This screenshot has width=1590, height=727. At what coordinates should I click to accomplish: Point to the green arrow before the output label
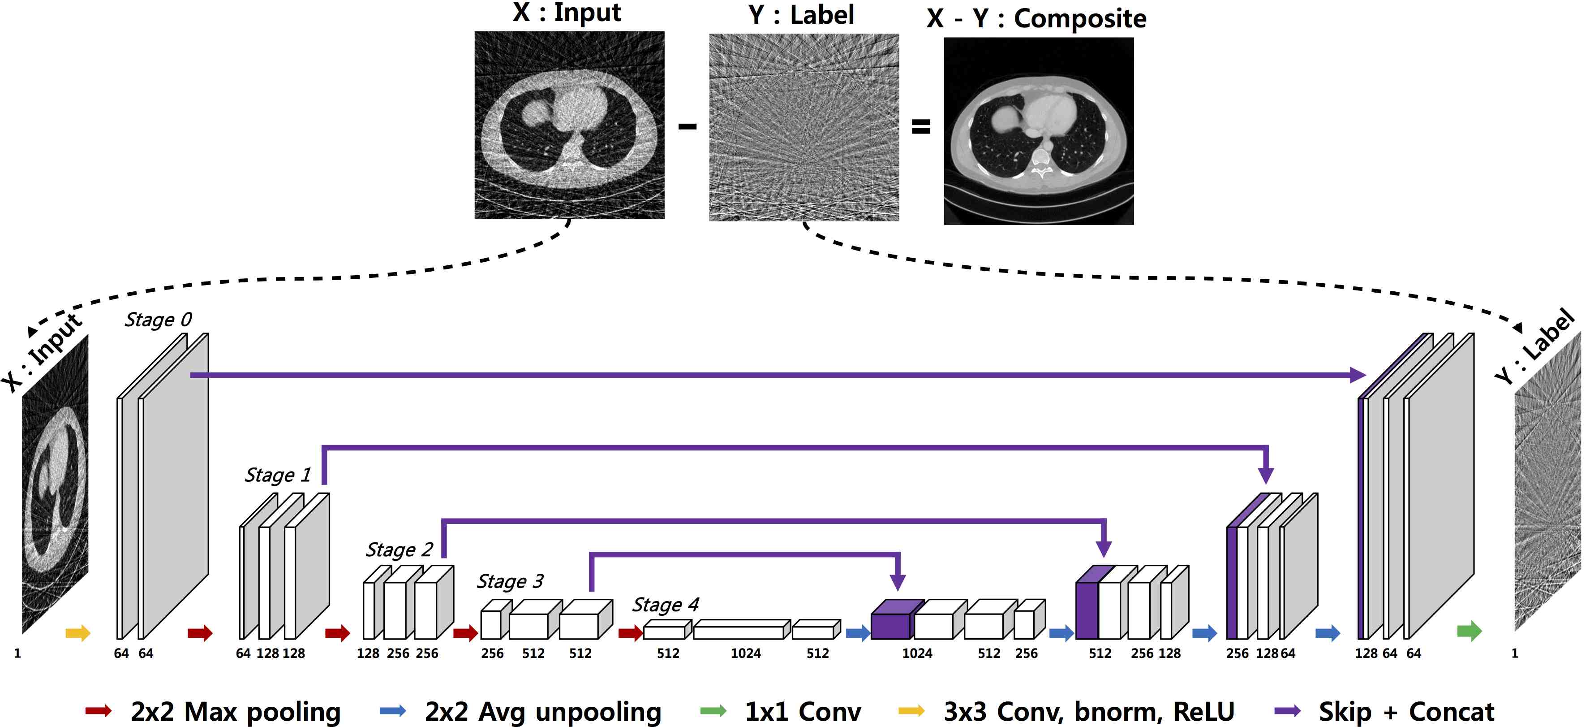[1469, 631]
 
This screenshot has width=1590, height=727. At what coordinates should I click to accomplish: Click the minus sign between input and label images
[687, 127]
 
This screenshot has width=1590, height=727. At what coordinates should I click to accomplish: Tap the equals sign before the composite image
[920, 127]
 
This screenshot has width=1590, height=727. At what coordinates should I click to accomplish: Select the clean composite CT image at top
[1038, 131]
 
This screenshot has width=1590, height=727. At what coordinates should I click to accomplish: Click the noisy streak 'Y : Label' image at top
[804, 127]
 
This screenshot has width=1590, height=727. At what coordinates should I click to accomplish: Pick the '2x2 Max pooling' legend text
[235, 712]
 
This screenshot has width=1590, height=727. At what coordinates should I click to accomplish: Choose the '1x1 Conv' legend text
[803, 712]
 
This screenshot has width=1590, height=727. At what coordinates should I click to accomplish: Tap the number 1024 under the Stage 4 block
[746, 653]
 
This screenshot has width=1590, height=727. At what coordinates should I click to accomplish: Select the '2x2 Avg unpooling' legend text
[542, 712]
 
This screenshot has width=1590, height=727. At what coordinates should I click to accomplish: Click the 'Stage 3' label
[510, 581]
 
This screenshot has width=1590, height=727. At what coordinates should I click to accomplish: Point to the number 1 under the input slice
[17, 653]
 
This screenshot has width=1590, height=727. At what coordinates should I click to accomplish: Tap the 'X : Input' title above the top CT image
[566, 13]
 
